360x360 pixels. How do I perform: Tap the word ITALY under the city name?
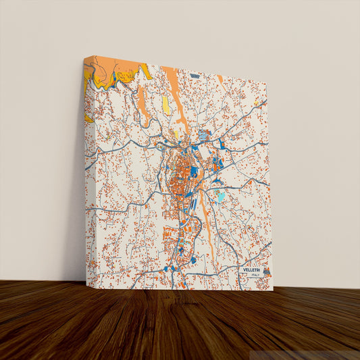click(x=254, y=276)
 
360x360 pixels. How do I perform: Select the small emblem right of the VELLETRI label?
click(x=267, y=272)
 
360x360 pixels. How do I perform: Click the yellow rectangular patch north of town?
click(x=166, y=105)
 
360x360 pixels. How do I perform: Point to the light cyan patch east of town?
click(x=222, y=197)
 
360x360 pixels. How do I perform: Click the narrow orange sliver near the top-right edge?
click(x=220, y=80)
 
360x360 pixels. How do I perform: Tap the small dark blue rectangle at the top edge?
click(x=195, y=76)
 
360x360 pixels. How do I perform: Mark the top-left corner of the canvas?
click(x=84, y=57)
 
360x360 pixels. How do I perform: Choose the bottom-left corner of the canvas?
click(x=86, y=284)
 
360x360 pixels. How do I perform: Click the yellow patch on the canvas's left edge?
click(x=88, y=119)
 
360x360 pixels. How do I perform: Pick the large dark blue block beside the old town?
click(x=195, y=172)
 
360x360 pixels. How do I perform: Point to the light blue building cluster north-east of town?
click(x=205, y=135)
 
